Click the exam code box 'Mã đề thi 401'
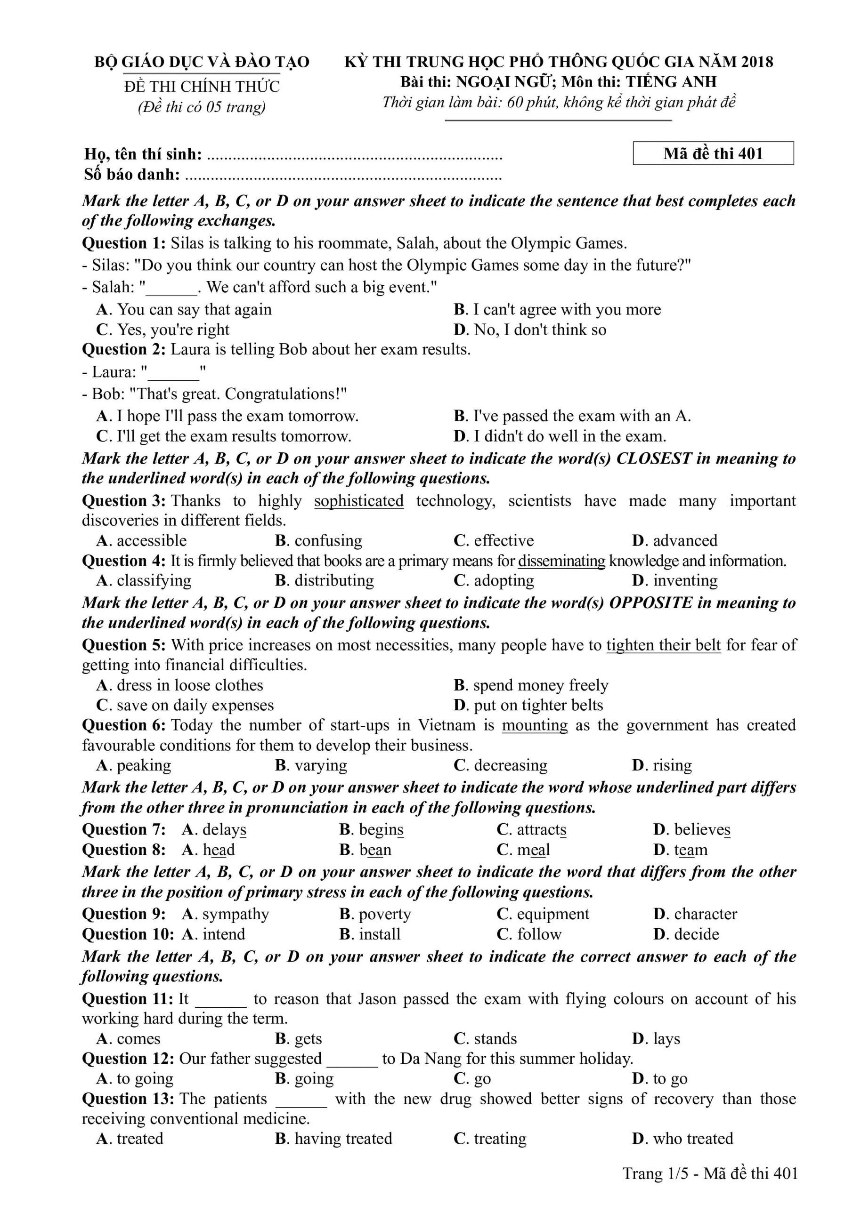pyautogui.click(x=713, y=153)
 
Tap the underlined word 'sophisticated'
pyautogui.click(x=359, y=501)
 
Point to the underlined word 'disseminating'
pyautogui.click(x=561, y=561)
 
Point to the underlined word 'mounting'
pyautogui.click(x=535, y=725)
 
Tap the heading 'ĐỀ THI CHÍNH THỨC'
pyautogui.click(x=202, y=87)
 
